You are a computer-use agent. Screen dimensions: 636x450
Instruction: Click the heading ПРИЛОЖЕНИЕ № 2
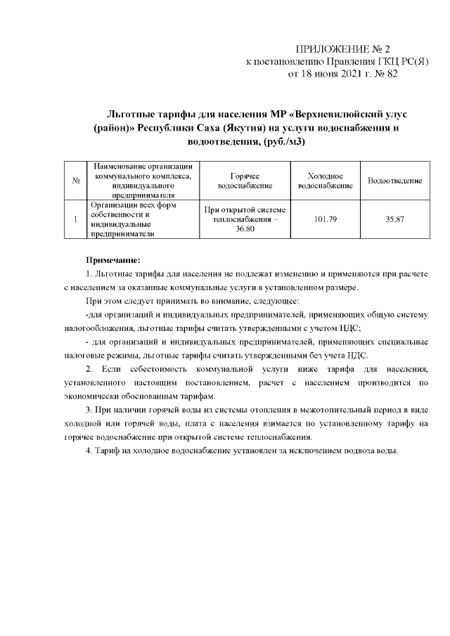(x=342, y=49)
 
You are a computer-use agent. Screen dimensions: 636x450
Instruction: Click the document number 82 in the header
(x=390, y=73)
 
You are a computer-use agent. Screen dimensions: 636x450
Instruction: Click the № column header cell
(x=75, y=181)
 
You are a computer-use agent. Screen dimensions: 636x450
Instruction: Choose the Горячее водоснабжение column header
(x=244, y=181)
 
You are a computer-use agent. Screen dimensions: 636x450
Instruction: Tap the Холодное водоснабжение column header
(x=325, y=181)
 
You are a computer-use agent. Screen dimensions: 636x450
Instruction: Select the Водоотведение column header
(x=394, y=181)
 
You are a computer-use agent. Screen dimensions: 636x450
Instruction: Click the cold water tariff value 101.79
(x=325, y=220)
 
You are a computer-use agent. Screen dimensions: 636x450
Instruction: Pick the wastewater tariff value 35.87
(x=394, y=220)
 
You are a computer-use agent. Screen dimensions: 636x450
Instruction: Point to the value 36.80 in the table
(x=245, y=230)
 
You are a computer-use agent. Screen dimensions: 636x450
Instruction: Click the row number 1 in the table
(x=75, y=220)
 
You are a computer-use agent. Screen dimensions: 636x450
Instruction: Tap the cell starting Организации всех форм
(x=127, y=220)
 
